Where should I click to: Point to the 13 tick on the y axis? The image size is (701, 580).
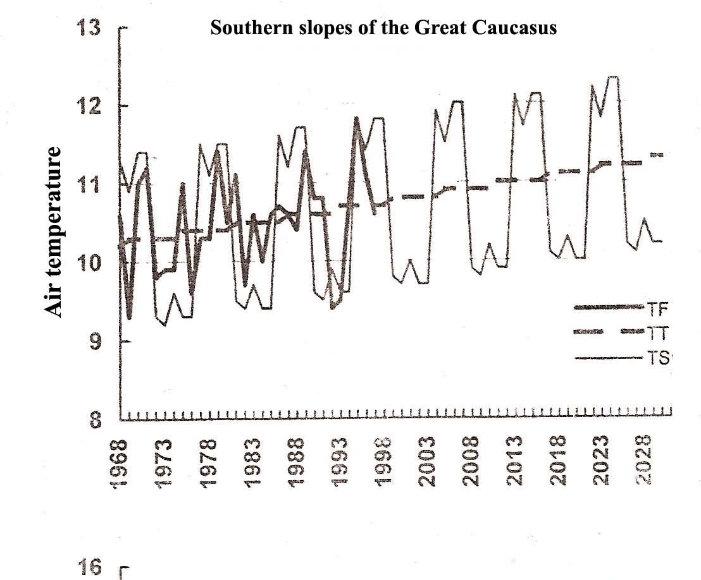tap(89, 29)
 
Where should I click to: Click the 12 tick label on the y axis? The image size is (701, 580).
tap(89, 106)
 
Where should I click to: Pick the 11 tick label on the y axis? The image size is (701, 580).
tap(89, 184)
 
